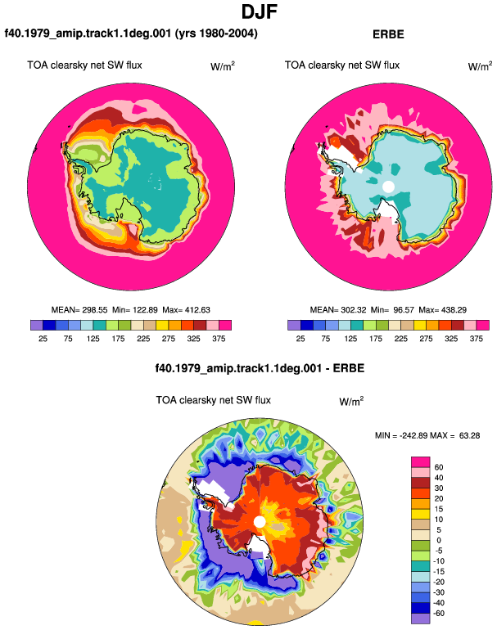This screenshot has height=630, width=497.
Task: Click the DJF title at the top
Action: (x=260, y=12)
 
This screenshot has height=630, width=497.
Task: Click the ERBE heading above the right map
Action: (x=388, y=34)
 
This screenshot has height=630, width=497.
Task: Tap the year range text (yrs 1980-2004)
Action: (x=216, y=33)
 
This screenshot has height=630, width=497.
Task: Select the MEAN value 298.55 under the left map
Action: (x=95, y=310)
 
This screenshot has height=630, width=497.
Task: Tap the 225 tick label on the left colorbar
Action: (x=143, y=339)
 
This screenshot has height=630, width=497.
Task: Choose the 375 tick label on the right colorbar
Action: (x=476, y=339)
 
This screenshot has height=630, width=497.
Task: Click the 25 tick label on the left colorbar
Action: (x=43, y=339)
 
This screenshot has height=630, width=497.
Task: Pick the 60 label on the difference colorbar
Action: (x=439, y=467)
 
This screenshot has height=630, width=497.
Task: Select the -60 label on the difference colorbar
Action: (x=439, y=613)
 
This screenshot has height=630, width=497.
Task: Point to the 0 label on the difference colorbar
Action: (x=439, y=540)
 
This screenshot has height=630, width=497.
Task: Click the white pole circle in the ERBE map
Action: (x=388, y=187)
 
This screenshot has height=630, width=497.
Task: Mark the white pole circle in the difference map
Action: (x=260, y=522)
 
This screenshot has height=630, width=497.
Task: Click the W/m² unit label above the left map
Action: (x=223, y=66)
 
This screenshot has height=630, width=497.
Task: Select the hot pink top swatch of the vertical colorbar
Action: (x=421, y=462)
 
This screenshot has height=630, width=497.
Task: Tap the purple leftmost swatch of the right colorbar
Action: (x=294, y=325)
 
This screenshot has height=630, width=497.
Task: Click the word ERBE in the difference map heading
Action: (x=349, y=368)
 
